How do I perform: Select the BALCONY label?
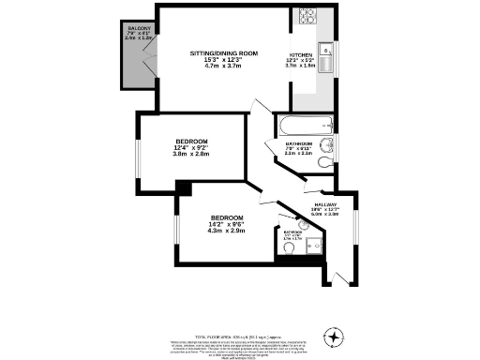click(x=141, y=30)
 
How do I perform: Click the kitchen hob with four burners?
click(x=309, y=16)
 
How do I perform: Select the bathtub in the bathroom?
click(x=301, y=126)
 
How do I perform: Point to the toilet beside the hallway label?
click(x=323, y=161)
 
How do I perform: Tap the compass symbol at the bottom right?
click(x=335, y=337)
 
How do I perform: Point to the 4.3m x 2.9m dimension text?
click(x=226, y=231)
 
